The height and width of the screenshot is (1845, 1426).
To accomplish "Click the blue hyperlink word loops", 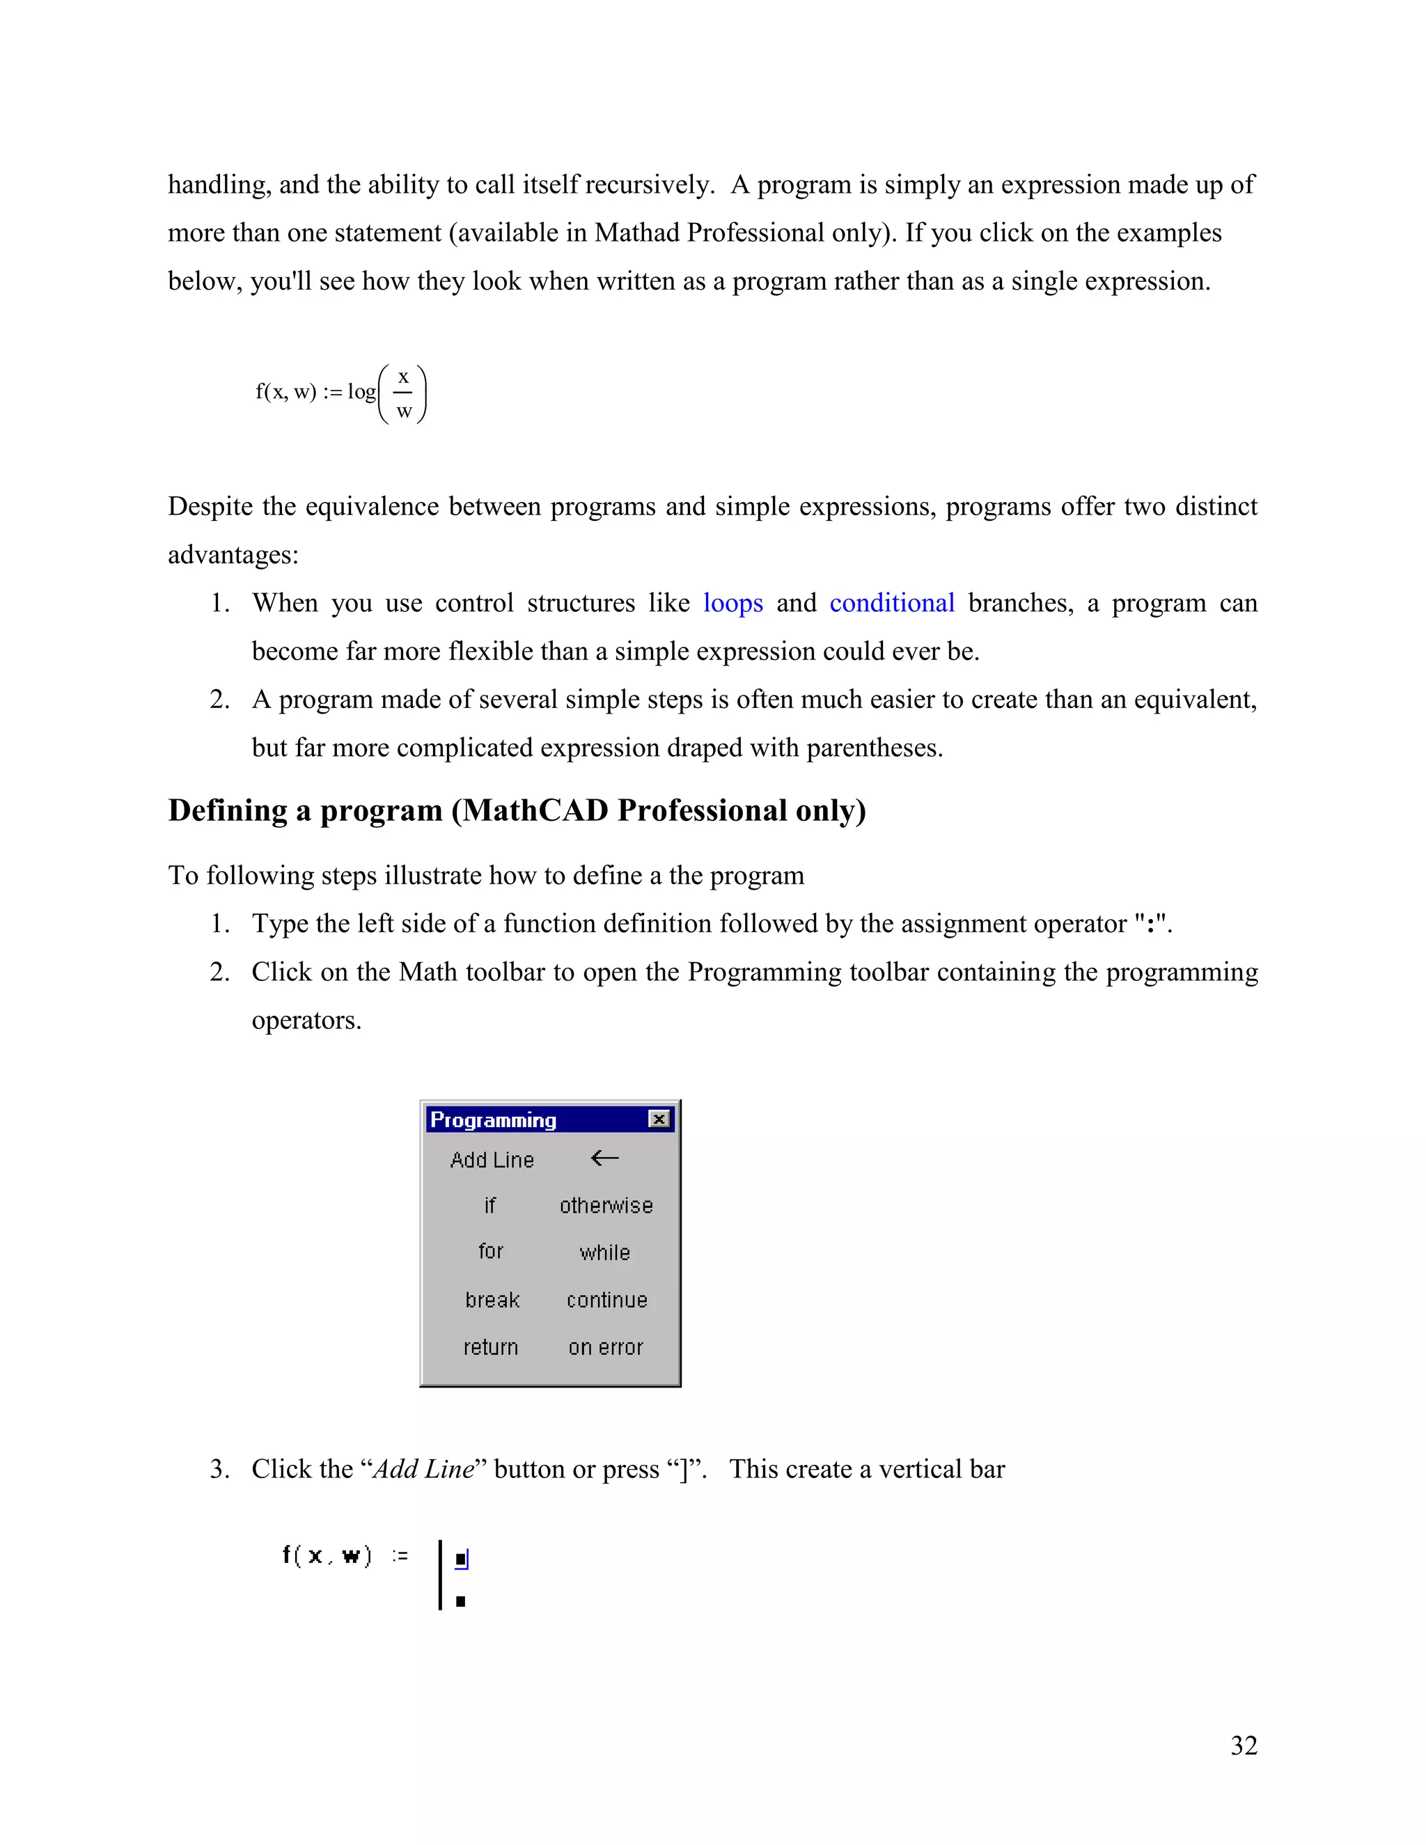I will (732, 603).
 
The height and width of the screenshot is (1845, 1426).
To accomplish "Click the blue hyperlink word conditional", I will (891, 603).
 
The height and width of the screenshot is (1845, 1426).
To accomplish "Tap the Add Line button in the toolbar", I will (492, 1160).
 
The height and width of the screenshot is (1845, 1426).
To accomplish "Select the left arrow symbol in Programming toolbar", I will (605, 1159).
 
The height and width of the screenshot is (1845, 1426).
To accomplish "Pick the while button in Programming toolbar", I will (605, 1253).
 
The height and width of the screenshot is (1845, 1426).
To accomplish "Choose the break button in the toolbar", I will (492, 1300).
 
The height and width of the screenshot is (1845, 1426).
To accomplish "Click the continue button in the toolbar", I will (606, 1300).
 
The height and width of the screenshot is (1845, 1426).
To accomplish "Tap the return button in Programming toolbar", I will (491, 1347).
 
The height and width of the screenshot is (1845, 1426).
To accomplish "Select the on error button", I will (606, 1347).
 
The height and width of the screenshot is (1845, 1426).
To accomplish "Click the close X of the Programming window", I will (659, 1120).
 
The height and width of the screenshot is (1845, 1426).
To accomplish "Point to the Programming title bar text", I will (494, 1120).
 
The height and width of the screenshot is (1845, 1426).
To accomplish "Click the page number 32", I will (1244, 1745).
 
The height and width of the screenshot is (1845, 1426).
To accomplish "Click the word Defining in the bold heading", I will (228, 811).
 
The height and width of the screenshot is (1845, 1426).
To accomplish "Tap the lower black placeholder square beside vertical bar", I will (460, 1601).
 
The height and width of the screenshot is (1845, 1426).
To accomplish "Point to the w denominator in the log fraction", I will (404, 411).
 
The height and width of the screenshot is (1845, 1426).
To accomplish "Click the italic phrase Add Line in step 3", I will (424, 1469).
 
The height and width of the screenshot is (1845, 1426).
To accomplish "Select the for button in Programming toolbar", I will (491, 1251).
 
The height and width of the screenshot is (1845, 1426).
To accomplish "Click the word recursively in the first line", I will (649, 185).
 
